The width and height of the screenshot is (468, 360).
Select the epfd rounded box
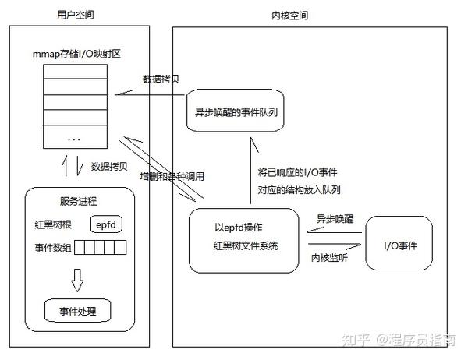pyautogui.click(x=107, y=225)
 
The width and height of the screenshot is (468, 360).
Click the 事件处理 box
pyautogui.click(x=76, y=311)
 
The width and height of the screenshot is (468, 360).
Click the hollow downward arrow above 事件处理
pyautogui.click(x=76, y=277)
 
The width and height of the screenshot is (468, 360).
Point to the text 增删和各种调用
pyautogui.click(x=172, y=176)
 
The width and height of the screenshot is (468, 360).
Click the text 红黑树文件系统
pyautogui.click(x=246, y=245)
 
